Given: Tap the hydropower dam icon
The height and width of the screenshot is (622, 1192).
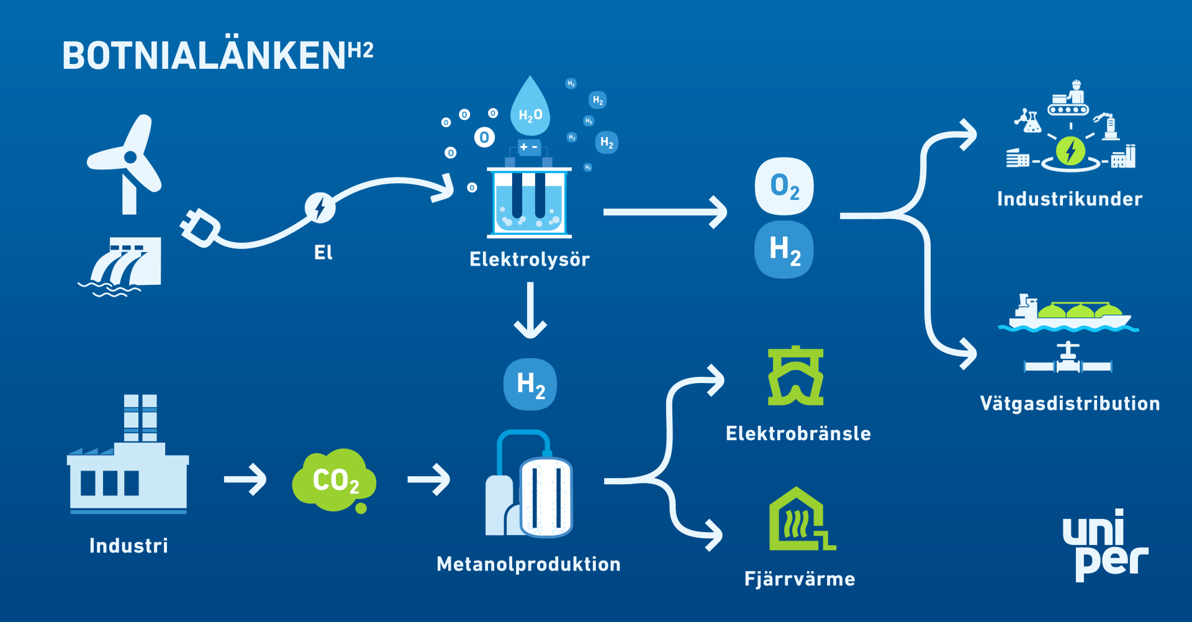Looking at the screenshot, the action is point(120,266).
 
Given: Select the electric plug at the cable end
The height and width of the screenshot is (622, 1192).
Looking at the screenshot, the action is point(199,228).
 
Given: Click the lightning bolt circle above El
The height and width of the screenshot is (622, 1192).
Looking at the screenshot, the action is point(320,207).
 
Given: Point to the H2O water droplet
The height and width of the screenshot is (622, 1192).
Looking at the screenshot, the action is point(530,106).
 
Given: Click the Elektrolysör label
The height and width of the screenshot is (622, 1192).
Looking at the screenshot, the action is point(530,259).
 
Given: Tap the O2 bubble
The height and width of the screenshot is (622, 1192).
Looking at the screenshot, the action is point(784,186).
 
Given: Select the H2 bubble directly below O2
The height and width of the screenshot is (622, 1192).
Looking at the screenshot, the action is point(784,250).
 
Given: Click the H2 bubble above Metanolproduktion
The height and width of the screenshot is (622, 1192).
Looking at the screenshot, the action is point(530,384).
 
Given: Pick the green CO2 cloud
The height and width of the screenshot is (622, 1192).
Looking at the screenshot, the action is point(334,480).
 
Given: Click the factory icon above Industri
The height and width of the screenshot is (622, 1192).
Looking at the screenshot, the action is point(128,454).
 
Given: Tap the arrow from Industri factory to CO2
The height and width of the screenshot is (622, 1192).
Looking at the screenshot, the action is point(245,479).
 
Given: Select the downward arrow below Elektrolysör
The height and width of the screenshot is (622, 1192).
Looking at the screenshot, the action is point(530,310).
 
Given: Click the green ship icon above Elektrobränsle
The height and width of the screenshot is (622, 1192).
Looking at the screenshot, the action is point(795,376).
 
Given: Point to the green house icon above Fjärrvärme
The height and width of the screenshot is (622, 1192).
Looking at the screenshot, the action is point(801,519).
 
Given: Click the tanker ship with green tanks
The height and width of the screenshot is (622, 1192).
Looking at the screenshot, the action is point(1068,313).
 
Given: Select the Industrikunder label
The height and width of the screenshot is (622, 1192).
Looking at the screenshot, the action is point(1070,199).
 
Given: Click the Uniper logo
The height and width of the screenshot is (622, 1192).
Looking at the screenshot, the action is point(1106,545).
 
